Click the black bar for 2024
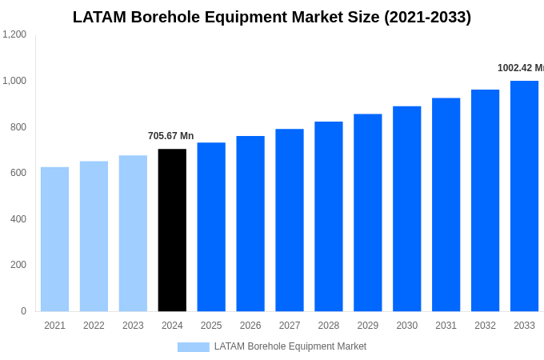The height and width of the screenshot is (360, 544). click(x=172, y=230)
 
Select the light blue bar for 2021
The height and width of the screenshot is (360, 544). click(x=54, y=239)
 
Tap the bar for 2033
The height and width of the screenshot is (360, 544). click(x=524, y=196)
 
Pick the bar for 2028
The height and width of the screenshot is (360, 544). click(x=328, y=217)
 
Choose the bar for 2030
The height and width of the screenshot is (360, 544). click(x=406, y=209)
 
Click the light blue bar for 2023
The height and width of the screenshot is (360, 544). click(x=133, y=234)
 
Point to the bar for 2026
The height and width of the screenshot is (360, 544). click(x=250, y=224)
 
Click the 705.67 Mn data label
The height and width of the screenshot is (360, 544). click(x=170, y=136)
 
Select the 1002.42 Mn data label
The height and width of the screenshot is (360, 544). click(x=520, y=68)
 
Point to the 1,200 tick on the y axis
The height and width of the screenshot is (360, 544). click(x=14, y=34)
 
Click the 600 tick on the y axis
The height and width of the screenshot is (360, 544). click(x=18, y=173)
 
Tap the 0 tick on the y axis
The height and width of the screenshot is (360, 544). click(x=23, y=311)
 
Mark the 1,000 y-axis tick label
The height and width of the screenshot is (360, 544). click(x=14, y=81)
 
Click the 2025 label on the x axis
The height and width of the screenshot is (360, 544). click(x=211, y=326)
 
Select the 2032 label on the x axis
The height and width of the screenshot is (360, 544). click(x=485, y=326)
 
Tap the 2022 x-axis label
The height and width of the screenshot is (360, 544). click(x=94, y=326)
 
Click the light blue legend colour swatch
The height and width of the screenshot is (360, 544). click(x=193, y=347)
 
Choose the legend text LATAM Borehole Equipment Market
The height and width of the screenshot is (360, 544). click(x=290, y=346)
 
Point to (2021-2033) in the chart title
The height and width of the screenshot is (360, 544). click(x=427, y=17)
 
